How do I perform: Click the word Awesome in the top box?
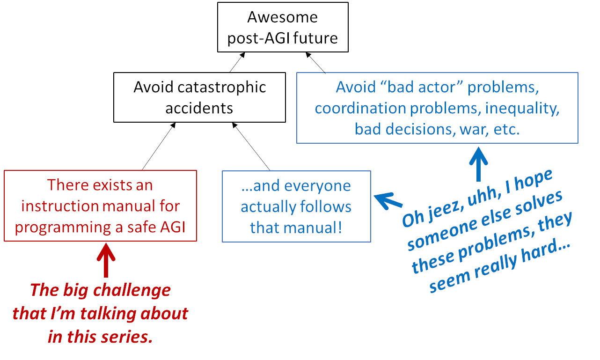tap(282, 17)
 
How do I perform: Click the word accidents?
tap(199, 109)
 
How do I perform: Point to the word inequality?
tap(522, 109)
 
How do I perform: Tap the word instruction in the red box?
tap(60, 206)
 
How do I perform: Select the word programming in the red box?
tap(63, 228)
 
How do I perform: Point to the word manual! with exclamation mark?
tap(313, 228)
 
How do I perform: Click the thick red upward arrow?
tap(106, 260)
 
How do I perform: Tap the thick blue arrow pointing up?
tap(479, 164)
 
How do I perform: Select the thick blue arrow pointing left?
tap(388, 201)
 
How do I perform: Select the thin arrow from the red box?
tap(159, 146)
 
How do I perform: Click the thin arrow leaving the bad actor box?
tap(315, 63)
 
